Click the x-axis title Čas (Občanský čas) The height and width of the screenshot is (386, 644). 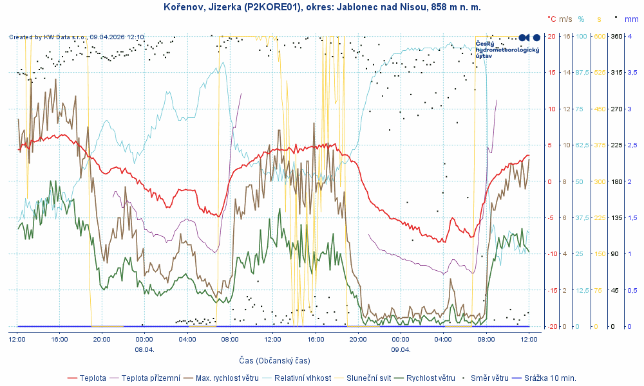(274, 360)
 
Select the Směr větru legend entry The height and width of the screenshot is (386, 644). (494, 378)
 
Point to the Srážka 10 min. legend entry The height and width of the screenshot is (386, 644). (550, 378)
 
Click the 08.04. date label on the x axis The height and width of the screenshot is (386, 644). (144, 350)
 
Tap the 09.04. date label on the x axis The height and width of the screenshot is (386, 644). (401, 350)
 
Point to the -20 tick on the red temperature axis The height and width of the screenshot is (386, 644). (551, 327)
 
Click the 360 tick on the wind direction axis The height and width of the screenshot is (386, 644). (616, 37)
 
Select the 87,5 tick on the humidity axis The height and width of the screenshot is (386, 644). (582, 73)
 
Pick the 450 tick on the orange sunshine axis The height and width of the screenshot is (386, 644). (600, 109)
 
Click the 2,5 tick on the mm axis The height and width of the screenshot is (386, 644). (633, 145)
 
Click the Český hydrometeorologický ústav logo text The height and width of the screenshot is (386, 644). (507, 50)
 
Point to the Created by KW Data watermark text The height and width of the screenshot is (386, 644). (77, 37)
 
